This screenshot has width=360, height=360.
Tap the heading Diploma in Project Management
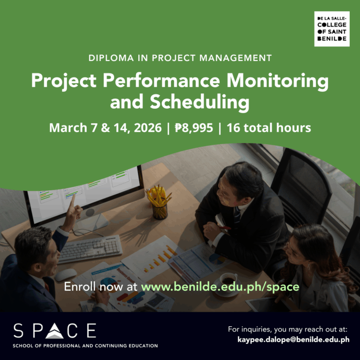[x=180, y=59]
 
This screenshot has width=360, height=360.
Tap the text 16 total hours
[x=269, y=127]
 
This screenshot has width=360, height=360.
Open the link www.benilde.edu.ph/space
[x=220, y=286]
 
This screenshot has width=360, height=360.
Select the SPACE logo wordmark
[x=55, y=330]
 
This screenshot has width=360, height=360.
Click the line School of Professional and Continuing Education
[x=85, y=346]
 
